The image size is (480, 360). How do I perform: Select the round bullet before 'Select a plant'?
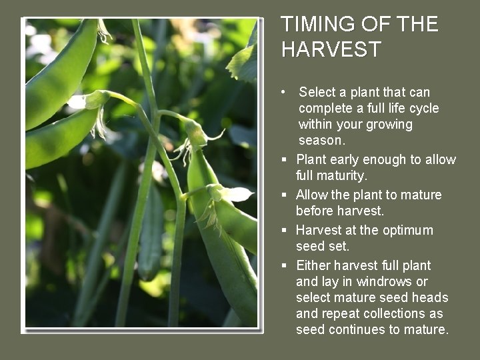(x=283, y=92)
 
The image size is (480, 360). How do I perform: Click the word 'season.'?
(x=322, y=140)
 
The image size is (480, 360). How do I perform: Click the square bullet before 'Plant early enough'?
(x=284, y=159)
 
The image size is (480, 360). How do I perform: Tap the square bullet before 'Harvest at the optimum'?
(x=284, y=230)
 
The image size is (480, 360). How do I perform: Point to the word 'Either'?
(x=313, y=265)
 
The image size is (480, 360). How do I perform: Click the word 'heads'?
(x=431, y=297)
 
